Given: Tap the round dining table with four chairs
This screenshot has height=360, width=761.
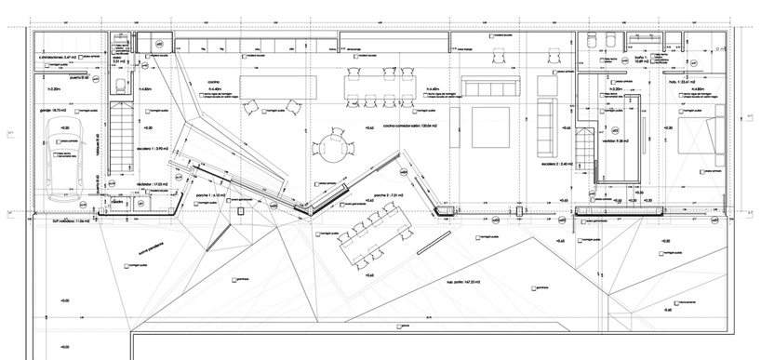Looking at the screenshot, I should [331, 145].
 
